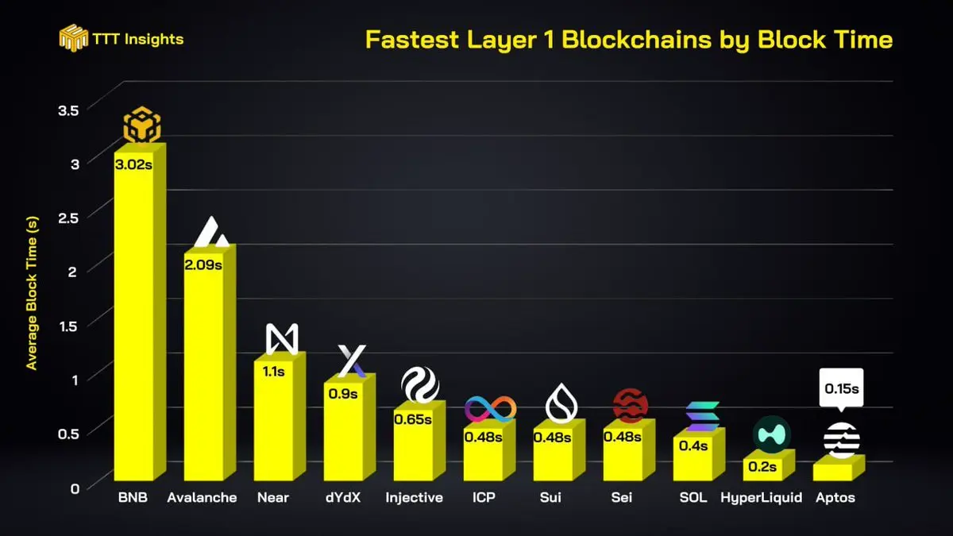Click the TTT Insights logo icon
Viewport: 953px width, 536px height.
pyautogui.click(x=73, y=38)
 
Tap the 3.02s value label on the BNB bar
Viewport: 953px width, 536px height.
pyautogui.click(x=133, y=166)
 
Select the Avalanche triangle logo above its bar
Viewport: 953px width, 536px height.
pyautogui.click(x=210, y=232)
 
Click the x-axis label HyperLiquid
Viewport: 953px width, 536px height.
pyautogui.click(x=761, y=498)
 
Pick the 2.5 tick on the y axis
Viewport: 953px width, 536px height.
pyautogui.click(x=69, y=218)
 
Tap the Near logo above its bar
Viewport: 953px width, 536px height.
pyautogui.click(x=282, y=340)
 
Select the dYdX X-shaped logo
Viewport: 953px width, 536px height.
pyautogui.click(x=351, y=361)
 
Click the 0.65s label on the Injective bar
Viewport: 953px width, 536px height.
pyautogui.click(x=413, y=418)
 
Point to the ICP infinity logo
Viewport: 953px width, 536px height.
pyautogui.click(x=490, y=409)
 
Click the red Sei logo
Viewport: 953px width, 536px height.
pyautogui.click(x=631, y=406)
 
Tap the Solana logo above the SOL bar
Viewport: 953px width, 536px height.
pyautogui.click(x=702, y=417)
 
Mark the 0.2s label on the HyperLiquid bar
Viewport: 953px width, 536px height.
pyautogui.click(x=762, y=466)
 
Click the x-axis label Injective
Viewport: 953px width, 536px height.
pyautogui.click(x=414, y=498)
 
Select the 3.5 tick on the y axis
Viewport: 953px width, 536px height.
pyautogui.click(x=69, y=110)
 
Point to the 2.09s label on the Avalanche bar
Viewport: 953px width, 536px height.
pyautogui.click(x=203, y=264)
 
